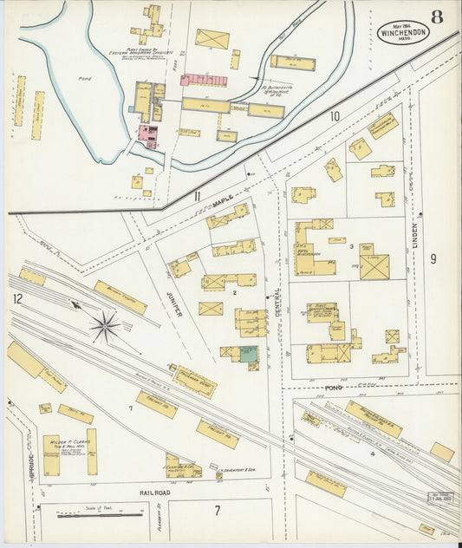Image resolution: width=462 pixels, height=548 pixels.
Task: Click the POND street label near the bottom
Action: click(334, 388)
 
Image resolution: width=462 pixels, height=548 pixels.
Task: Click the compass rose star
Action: click(105, 327)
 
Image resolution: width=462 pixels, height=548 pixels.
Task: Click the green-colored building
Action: click(248, 354)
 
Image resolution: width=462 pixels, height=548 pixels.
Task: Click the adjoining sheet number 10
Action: click(335, 115)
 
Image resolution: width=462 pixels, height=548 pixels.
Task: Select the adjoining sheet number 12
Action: click(17, 298)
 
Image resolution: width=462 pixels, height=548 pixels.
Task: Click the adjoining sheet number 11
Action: click(198, 197)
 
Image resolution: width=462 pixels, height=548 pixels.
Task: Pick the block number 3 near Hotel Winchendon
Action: click(351, 247)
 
